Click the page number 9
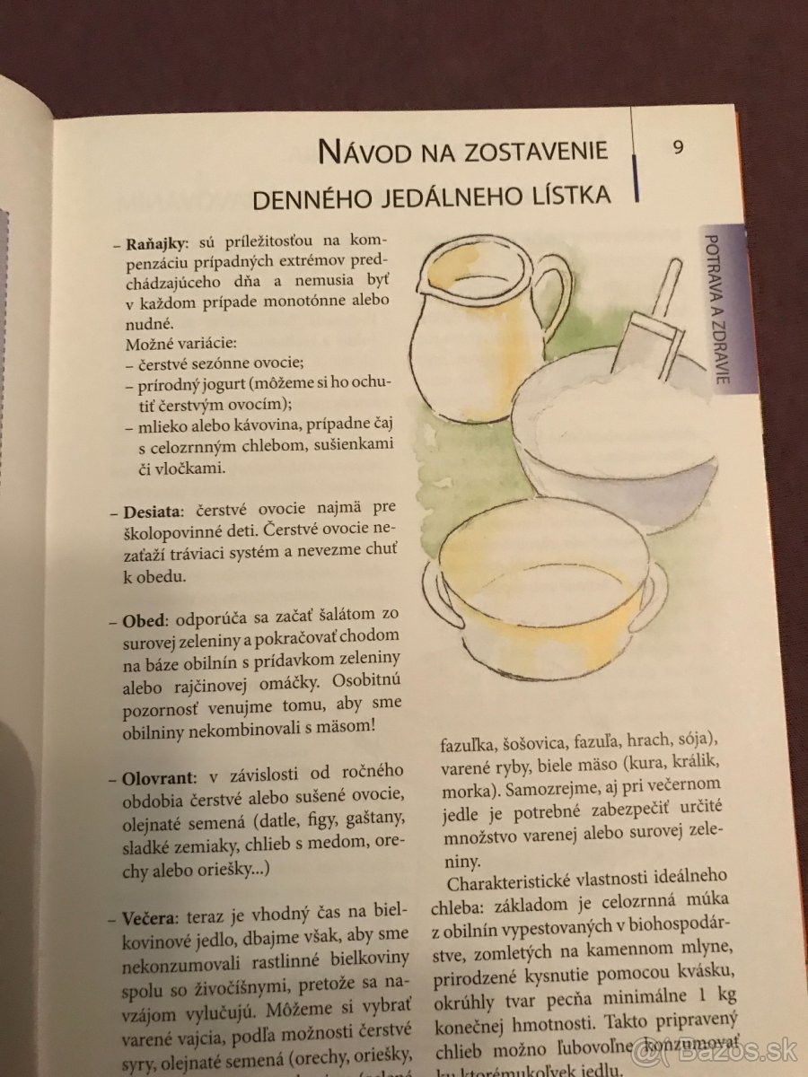pyautogui.click(x=677, y=147)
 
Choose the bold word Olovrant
pyautogui.click(x=158, y=775)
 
